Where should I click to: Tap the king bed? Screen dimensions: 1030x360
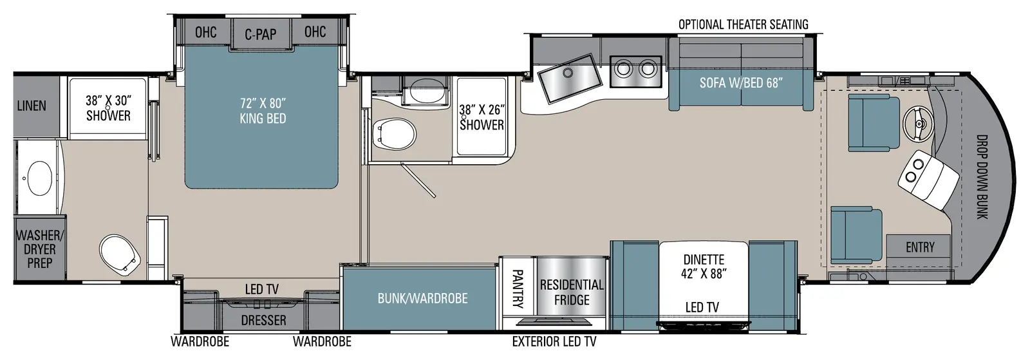[x=262, y=117]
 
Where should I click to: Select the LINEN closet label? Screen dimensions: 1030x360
[x=32, y=106]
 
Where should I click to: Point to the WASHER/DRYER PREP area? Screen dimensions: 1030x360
[x=39, y=249]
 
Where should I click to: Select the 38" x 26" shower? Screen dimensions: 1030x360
[x=482, y=117]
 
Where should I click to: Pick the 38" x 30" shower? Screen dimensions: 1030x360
[x=108, y=108]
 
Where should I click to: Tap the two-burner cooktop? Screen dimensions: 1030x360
[x=635, y=71]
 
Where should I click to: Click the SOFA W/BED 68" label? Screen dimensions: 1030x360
[x=741, y=83]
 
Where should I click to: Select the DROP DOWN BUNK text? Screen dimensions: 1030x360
[x=982, y=176]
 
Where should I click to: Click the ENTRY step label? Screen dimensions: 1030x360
[x=920, y=247]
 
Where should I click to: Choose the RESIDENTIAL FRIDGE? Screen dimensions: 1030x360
[x=572, y=292]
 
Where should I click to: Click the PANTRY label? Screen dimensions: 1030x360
[x=518, y=289]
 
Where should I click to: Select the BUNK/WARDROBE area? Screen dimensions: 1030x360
[x=422, y=298]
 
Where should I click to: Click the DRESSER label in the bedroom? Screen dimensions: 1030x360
[x=263, y=320]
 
